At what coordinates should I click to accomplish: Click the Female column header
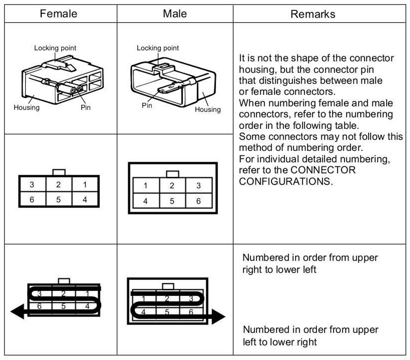(58, 14)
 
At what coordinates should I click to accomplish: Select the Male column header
(175, 14)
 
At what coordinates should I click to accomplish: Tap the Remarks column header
(313, 14)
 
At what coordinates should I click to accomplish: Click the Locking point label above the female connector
(55, 48)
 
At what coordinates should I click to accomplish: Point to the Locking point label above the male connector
(158, 48)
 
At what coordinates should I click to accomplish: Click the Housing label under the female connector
(26, 107)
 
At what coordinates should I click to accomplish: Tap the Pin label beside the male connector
(147, 106)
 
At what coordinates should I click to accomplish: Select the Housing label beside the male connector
(207, 109)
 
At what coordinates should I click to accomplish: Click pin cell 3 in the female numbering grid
(32, 185)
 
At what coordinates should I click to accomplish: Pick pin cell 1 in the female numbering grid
(85, 185)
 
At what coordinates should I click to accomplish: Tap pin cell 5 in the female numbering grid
(58, 199)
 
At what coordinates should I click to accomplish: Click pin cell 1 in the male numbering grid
(146, 186)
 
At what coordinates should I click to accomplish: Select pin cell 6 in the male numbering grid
(198, 201)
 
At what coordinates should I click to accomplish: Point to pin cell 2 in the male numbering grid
(172, 186)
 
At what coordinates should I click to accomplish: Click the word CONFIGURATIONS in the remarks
(286, 181)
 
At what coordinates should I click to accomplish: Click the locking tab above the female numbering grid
(59, 172)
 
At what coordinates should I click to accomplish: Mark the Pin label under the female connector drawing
(86, 107)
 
